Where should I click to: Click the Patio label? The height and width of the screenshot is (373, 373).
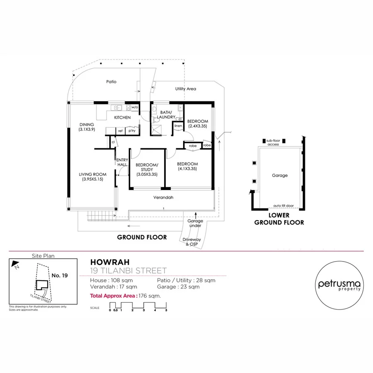point(111,82)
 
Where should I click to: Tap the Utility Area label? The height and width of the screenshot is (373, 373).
point(185,89)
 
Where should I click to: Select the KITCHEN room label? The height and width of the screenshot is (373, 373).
point(122,118)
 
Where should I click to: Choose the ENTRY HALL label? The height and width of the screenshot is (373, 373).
point(122,162)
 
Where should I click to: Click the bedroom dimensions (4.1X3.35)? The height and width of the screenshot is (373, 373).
point(187,169)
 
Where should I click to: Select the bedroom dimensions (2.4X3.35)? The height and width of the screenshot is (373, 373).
point(198,126)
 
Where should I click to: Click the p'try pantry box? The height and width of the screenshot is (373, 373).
point(132,131)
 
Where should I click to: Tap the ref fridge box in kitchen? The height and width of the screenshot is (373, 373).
point(120,131)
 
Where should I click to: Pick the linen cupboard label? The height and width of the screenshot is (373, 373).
point(178,126)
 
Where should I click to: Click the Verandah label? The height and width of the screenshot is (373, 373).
point(164,198)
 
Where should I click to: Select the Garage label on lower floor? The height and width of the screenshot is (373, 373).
point(280,175)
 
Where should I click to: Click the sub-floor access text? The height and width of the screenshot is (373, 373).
point(273,142)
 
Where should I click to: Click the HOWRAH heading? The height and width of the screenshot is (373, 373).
point(110,262)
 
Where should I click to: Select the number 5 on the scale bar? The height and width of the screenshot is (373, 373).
point(166,310)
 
